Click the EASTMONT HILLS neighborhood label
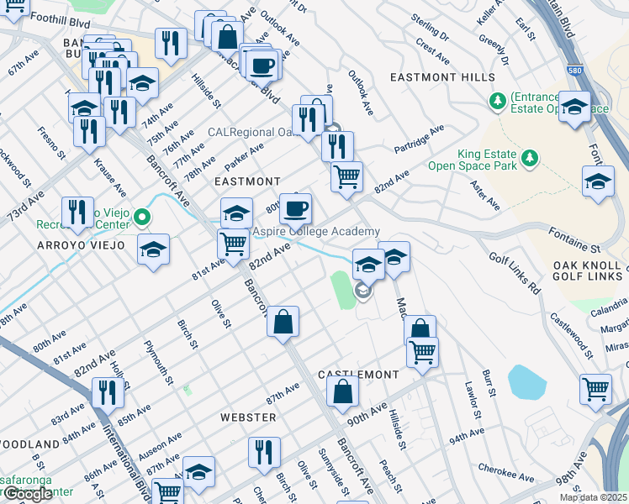442,77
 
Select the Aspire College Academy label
316,232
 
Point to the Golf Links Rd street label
512,267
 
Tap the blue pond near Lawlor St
527,382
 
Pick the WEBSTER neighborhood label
248,417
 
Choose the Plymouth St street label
157,362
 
